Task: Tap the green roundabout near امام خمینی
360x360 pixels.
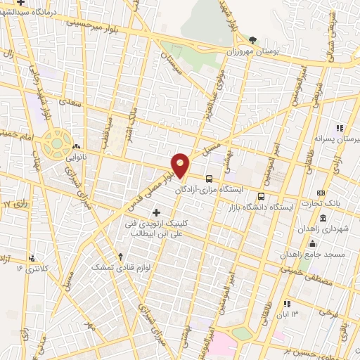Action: coord(55,144)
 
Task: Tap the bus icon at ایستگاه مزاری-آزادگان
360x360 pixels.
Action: coord(209,178)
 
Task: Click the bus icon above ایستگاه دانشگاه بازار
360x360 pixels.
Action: coord(262,196)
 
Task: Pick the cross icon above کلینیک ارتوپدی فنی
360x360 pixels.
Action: coord(156,212)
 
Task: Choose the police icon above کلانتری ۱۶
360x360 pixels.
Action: coord(30,257)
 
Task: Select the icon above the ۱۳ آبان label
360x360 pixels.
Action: coord(286,303)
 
